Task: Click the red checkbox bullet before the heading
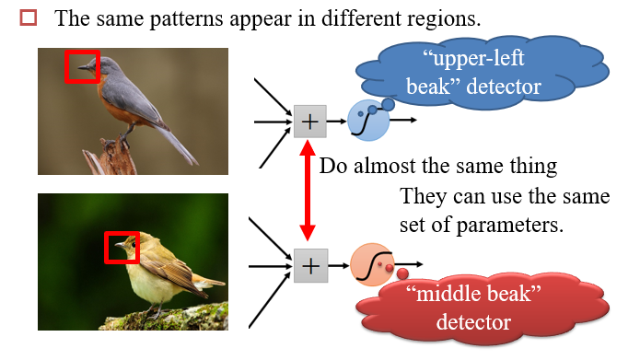click(29, 18)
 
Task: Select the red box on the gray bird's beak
click(82, 51)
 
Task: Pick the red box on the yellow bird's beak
click(122, 233)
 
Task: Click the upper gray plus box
click(310, 122)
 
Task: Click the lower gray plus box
click(310, 266)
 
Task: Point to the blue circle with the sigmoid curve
click(368, 121)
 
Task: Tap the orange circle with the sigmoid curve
click(372, 264)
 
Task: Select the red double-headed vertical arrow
click(308, 191)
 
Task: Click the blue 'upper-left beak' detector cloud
click(482, 73)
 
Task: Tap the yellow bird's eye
click(133, 244)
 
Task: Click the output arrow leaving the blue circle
click(402, 120)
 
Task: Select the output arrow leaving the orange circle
click(408, 264)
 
